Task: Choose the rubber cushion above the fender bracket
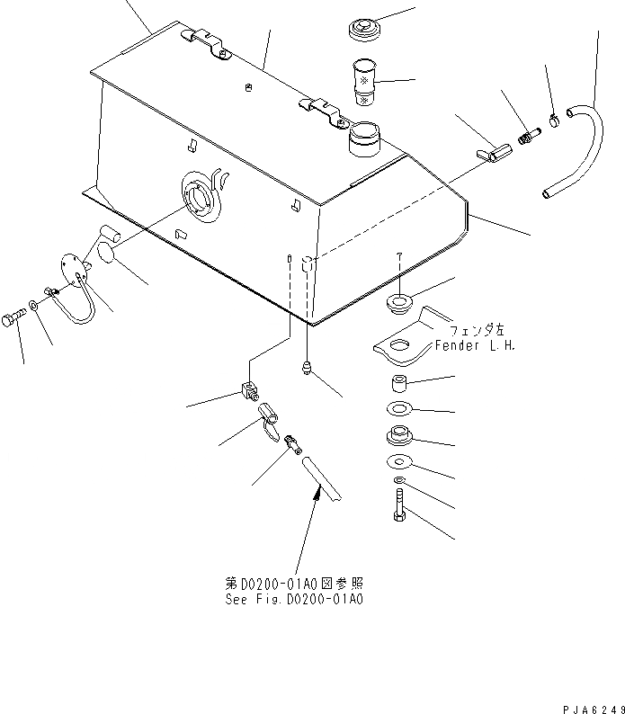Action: (398, 302)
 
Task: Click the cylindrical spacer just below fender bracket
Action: (398, 388)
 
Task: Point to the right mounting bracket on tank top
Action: (322, 111)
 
